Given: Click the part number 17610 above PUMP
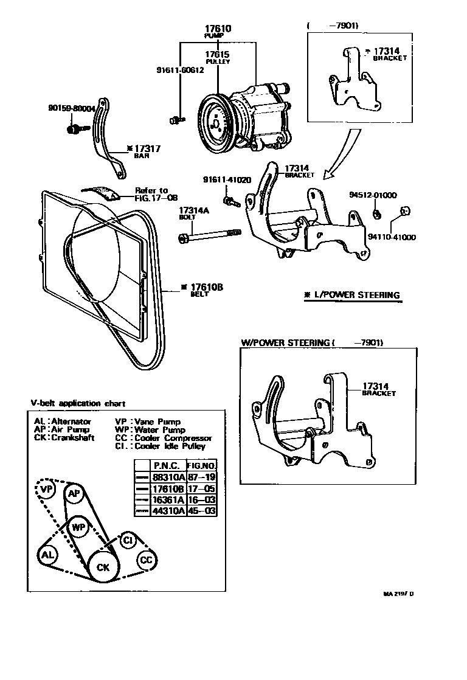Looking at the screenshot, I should [217, 29].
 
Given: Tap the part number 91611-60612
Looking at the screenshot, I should [179, 70].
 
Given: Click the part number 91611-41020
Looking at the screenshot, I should [227, 180].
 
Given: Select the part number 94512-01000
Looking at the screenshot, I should [372, 195].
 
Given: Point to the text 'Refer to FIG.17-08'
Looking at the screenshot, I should [151, 193].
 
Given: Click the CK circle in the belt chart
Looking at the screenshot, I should [103, 567].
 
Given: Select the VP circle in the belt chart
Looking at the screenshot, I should [46, 488].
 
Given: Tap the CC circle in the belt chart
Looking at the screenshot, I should [146, 560].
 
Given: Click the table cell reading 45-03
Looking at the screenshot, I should [202, 512].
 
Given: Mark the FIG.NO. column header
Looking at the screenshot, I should [202, 466].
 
